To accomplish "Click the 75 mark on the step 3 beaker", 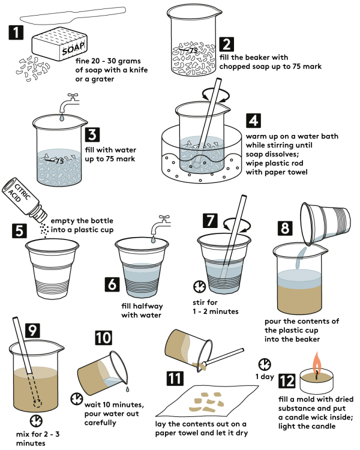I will [x=58, y=160].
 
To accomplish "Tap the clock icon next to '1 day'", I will [x=263, y=364].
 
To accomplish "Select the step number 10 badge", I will [x=103, y=337].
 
